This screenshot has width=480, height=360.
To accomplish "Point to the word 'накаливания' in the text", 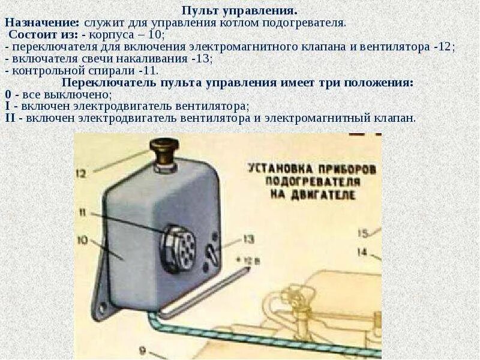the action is [x=158, y=59].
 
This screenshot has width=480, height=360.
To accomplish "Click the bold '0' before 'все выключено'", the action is [x=8, y=95].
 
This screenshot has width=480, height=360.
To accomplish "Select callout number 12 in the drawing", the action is [x=82, y=174].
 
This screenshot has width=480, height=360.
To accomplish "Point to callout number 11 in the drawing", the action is [x=82, y=211].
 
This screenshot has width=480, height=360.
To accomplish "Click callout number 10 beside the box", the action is [x=82, y=241].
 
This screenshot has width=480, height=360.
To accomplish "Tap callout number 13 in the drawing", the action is [x=248, y=239].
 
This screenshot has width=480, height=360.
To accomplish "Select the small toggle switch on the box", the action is [x=210, y=251].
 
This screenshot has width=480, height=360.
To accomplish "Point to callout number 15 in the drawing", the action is [x=362, y=233].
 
